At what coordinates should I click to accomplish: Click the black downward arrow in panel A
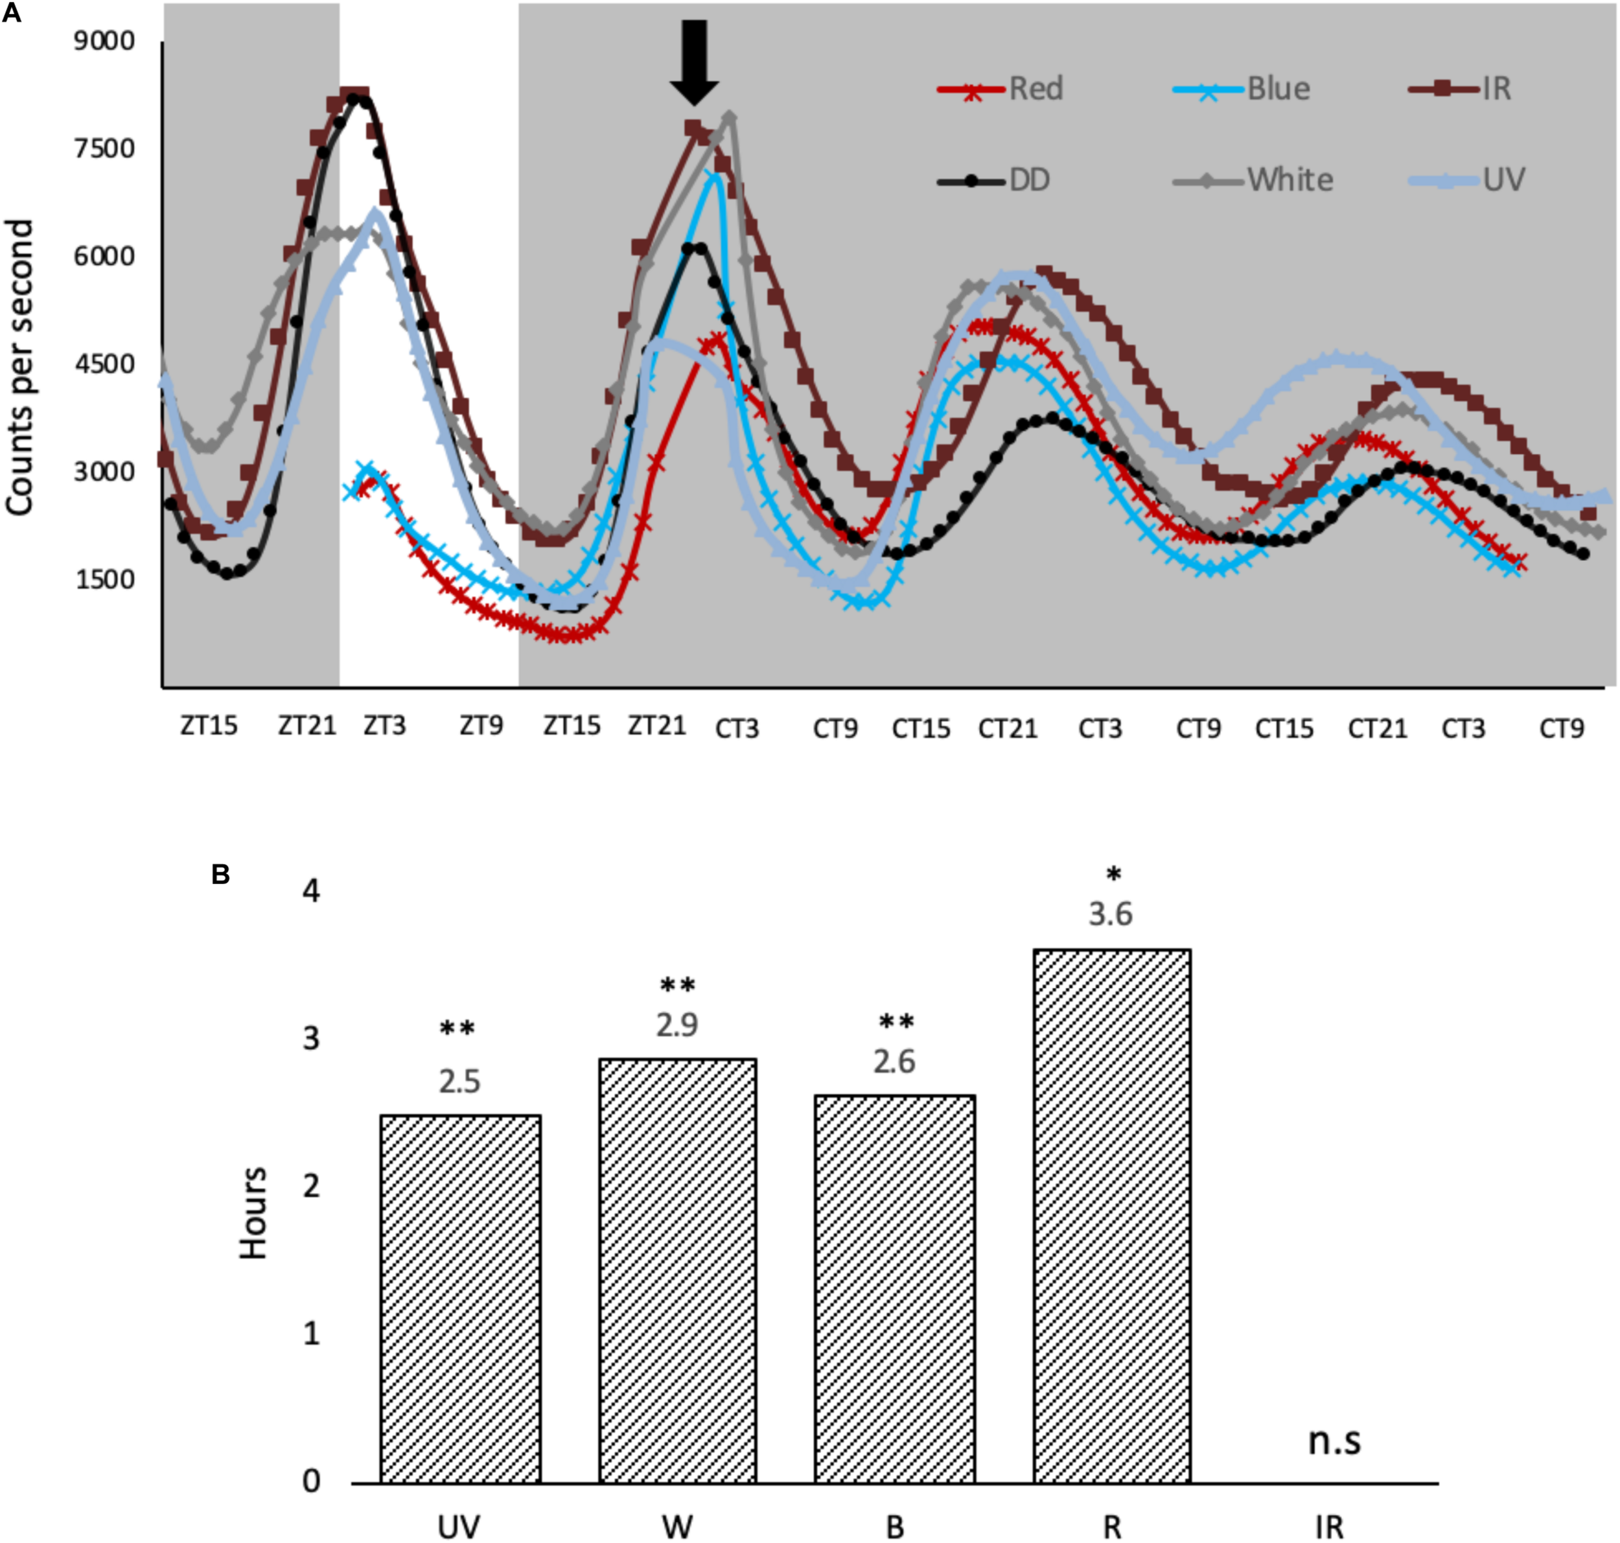(x=694, y=62)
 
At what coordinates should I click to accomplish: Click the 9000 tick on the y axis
(x=104, y=41)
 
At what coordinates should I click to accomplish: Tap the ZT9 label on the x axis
(x=481, y=725)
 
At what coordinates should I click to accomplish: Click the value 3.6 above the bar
(x=1110, y=914)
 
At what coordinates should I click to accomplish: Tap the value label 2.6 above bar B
(x=894, y=1062)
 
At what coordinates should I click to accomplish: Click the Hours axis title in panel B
(x=253, y=1213)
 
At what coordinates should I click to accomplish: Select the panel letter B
(x=220, y=874)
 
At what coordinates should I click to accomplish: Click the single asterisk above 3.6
(x=1113, y=875)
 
